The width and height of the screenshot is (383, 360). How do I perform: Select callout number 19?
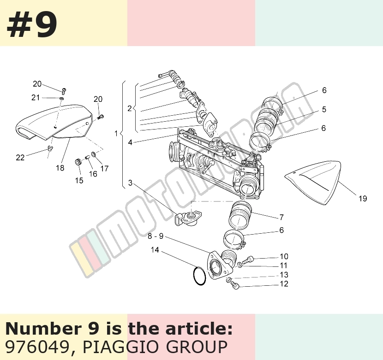coord(363,198)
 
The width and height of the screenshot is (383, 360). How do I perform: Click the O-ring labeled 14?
coord(199,276)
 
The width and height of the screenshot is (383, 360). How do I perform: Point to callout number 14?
coord(155,250)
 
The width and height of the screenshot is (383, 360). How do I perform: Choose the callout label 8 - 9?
coord(156,236)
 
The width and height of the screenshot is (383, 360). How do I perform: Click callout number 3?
coord(130,183)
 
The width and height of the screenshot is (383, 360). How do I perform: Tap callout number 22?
coord(20,158)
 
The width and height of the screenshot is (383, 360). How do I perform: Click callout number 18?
coord(60,168)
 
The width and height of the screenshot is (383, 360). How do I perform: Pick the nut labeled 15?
coord(78,162)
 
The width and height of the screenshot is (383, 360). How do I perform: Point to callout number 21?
coord(36,98)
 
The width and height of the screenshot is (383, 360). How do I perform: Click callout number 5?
coord(324,109)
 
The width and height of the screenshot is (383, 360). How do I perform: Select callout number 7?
coord(281,217)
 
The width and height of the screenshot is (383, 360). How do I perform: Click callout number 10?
coord(284,256)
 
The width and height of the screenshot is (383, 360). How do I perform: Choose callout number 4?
coord(130,142)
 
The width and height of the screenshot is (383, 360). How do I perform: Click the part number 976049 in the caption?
coord(37,347)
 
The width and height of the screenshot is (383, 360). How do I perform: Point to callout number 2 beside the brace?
coord(130,108)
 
